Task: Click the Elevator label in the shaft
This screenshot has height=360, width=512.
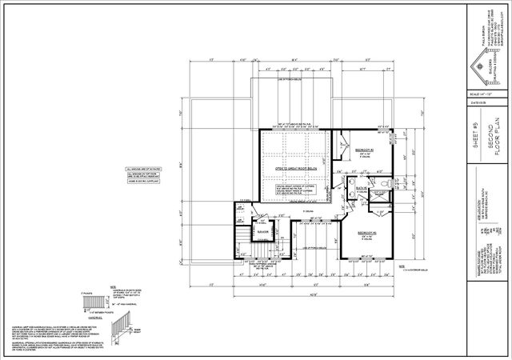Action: (x=261, y=234)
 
